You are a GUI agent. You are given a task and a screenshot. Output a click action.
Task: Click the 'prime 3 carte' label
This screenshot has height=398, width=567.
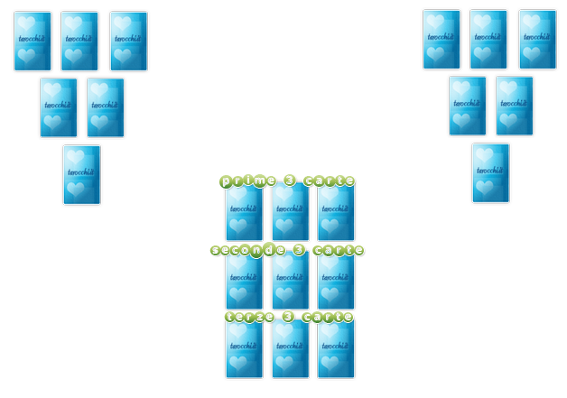coord(287,180)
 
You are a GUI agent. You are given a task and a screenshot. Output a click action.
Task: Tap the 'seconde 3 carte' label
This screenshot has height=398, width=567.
coord(287,250)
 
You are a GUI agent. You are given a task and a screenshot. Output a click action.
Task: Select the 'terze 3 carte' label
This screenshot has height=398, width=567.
coord(287,317)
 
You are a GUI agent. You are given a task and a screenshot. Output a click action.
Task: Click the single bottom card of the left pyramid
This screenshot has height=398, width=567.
coord(81,175)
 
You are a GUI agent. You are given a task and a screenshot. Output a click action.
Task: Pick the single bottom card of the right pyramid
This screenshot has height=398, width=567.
coord(490,172)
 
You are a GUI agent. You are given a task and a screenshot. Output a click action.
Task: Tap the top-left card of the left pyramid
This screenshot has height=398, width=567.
coord(33,42)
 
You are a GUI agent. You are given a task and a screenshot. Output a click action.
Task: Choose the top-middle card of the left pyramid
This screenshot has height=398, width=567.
coord(79,42)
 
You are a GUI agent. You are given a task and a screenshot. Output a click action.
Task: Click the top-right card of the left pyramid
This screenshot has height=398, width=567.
coord(129,42)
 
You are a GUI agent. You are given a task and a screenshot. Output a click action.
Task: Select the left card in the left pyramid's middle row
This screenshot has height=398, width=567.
coord(59,107)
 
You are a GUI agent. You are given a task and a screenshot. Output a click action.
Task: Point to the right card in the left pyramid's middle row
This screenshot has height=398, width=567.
coord(106,107)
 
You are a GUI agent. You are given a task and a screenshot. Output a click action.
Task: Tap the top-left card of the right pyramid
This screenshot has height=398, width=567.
coord(442,40)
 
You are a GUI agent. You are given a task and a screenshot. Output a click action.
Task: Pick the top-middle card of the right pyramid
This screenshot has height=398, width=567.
coord(488,40)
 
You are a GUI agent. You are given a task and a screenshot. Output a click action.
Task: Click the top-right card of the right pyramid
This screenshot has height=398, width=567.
coord(538,40)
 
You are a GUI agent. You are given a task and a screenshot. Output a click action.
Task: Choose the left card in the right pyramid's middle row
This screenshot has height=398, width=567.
coord(468,106)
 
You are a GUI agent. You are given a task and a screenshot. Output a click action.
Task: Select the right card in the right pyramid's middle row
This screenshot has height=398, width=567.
coord(515,106)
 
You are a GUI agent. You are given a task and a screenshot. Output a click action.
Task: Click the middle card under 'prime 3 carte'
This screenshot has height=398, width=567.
coord(291,213)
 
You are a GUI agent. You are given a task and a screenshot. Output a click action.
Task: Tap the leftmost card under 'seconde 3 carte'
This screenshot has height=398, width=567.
coord(244,282)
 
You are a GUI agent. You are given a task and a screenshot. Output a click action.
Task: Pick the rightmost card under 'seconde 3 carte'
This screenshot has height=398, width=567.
coord(336,282)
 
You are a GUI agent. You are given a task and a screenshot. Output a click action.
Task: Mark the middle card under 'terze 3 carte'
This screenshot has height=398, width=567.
coord(291,349)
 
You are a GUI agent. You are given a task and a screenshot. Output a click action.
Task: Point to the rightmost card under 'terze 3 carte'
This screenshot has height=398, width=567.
coord(336,349)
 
